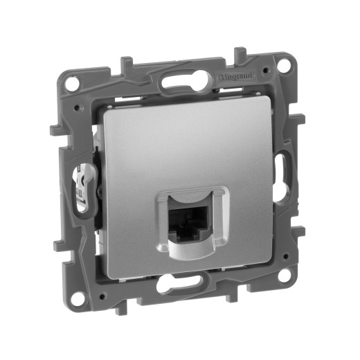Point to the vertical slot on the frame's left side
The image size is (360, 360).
pos(82,186)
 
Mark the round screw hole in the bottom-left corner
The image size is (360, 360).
pos(78,297)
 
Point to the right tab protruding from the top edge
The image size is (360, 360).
pos(240,54)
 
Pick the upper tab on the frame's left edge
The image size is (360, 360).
pos(56,129)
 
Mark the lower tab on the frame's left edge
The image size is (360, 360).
pos(58,244)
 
